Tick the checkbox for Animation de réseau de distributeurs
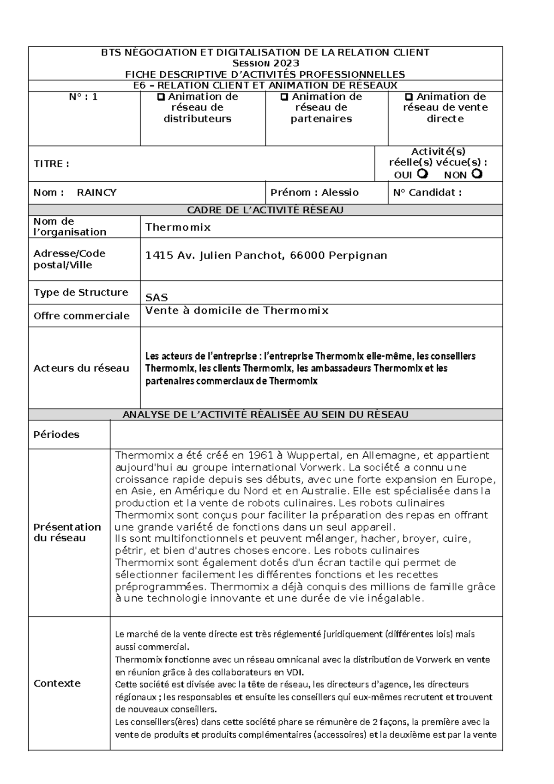(161, 97)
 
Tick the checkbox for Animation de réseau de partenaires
(284, 97)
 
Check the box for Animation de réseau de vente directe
(409, 97)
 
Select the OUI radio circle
(422, 174)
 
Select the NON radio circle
(477, 174)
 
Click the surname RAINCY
(96, 193)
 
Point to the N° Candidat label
(427, 193)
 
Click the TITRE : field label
(51, 164)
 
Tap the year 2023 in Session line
(285, 63)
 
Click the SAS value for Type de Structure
(157, 297)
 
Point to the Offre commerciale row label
(81, 316)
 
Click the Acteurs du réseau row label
(81, 368)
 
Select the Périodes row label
(56, 435)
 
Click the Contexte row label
(57, 683)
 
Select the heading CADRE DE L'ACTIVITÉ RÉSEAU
(265, 210)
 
